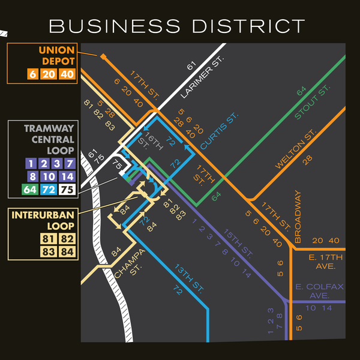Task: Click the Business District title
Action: point(177,26)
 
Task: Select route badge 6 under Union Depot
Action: point(32,75)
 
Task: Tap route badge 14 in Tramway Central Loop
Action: point(67,177)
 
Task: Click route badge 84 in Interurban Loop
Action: point(67,252)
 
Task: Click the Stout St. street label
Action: point(313,103)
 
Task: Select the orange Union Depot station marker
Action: point(103,56)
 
